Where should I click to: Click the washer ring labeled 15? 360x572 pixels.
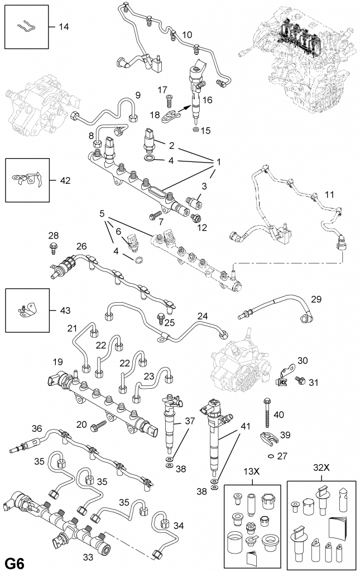pyautogui.click(x=195, y=130)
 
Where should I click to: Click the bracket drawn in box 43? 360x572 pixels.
pyautogui.click(x=26, y=308)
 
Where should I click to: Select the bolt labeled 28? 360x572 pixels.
pyautogui.click(x=53, y=245)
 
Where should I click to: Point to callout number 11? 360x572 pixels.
pyautogui.click(x=330, y=195)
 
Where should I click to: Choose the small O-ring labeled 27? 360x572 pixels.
pyautogui.click(x=271, y=455)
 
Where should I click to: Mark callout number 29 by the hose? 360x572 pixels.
pyautogui.click(x=316, y=300)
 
